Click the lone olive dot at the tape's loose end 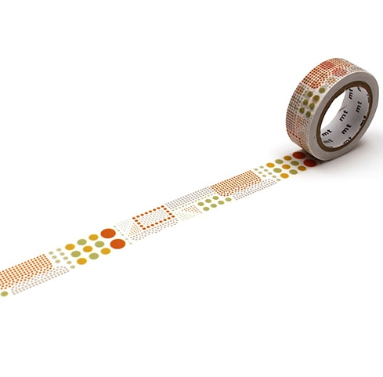pos(4,294)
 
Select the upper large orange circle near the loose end pos(108,233)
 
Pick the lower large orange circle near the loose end pos(117,244)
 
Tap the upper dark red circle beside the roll pos(299,155)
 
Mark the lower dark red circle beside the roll pos(310,163)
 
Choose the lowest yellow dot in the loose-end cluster pos(81,261)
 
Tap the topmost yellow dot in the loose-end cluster pos(93,237)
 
